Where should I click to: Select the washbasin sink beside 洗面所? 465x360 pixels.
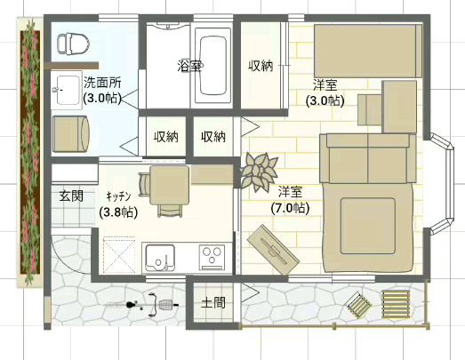point(68,86)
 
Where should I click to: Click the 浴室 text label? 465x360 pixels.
point(188,65)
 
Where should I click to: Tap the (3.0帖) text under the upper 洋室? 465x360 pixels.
point(324,101)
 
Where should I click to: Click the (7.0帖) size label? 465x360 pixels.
point(290,208)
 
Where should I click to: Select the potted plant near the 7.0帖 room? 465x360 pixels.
point(259,170)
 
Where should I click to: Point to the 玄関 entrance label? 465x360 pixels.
point(70,195)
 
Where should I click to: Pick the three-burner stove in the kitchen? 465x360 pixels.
point(213,257)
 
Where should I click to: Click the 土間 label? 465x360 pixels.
point(213,302)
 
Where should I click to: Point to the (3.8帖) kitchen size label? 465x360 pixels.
point(117,212)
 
